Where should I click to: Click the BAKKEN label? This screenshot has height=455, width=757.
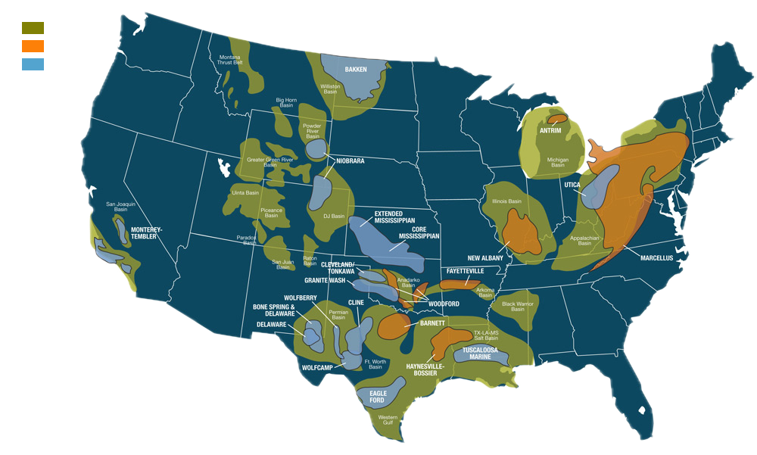click(356, 69)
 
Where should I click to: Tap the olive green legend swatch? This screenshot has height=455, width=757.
click(33, 28)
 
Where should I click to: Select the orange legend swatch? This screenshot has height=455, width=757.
click(33, 46)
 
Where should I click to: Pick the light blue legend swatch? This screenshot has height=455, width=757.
click(33, 64)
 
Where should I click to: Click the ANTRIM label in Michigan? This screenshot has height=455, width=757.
click(550, 130)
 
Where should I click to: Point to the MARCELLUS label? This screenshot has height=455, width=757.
click(656, 258)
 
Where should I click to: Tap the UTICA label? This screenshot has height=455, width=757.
click(572, 184)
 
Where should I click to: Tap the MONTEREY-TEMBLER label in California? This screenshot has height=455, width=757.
click(147, 233)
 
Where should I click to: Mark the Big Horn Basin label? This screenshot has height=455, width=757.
click(285, 102)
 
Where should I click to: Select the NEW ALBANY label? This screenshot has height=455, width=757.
click(485, 258)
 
